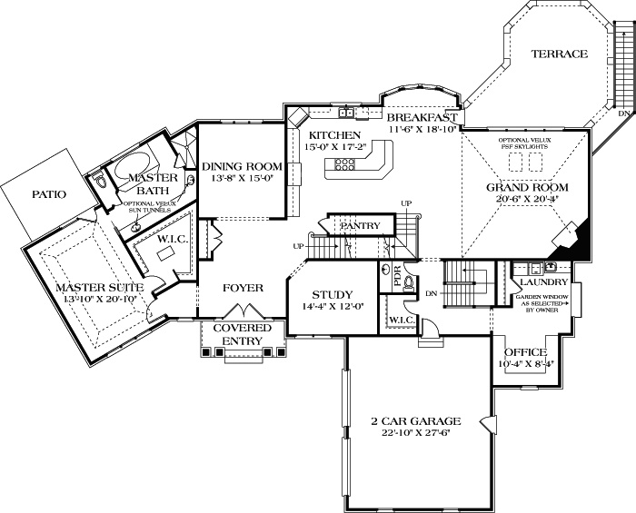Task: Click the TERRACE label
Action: click(559, 54)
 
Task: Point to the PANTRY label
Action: click(359, 225)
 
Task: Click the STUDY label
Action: click(333, 295)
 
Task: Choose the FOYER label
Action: click(242, 288)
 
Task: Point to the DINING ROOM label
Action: click(242, 166)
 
